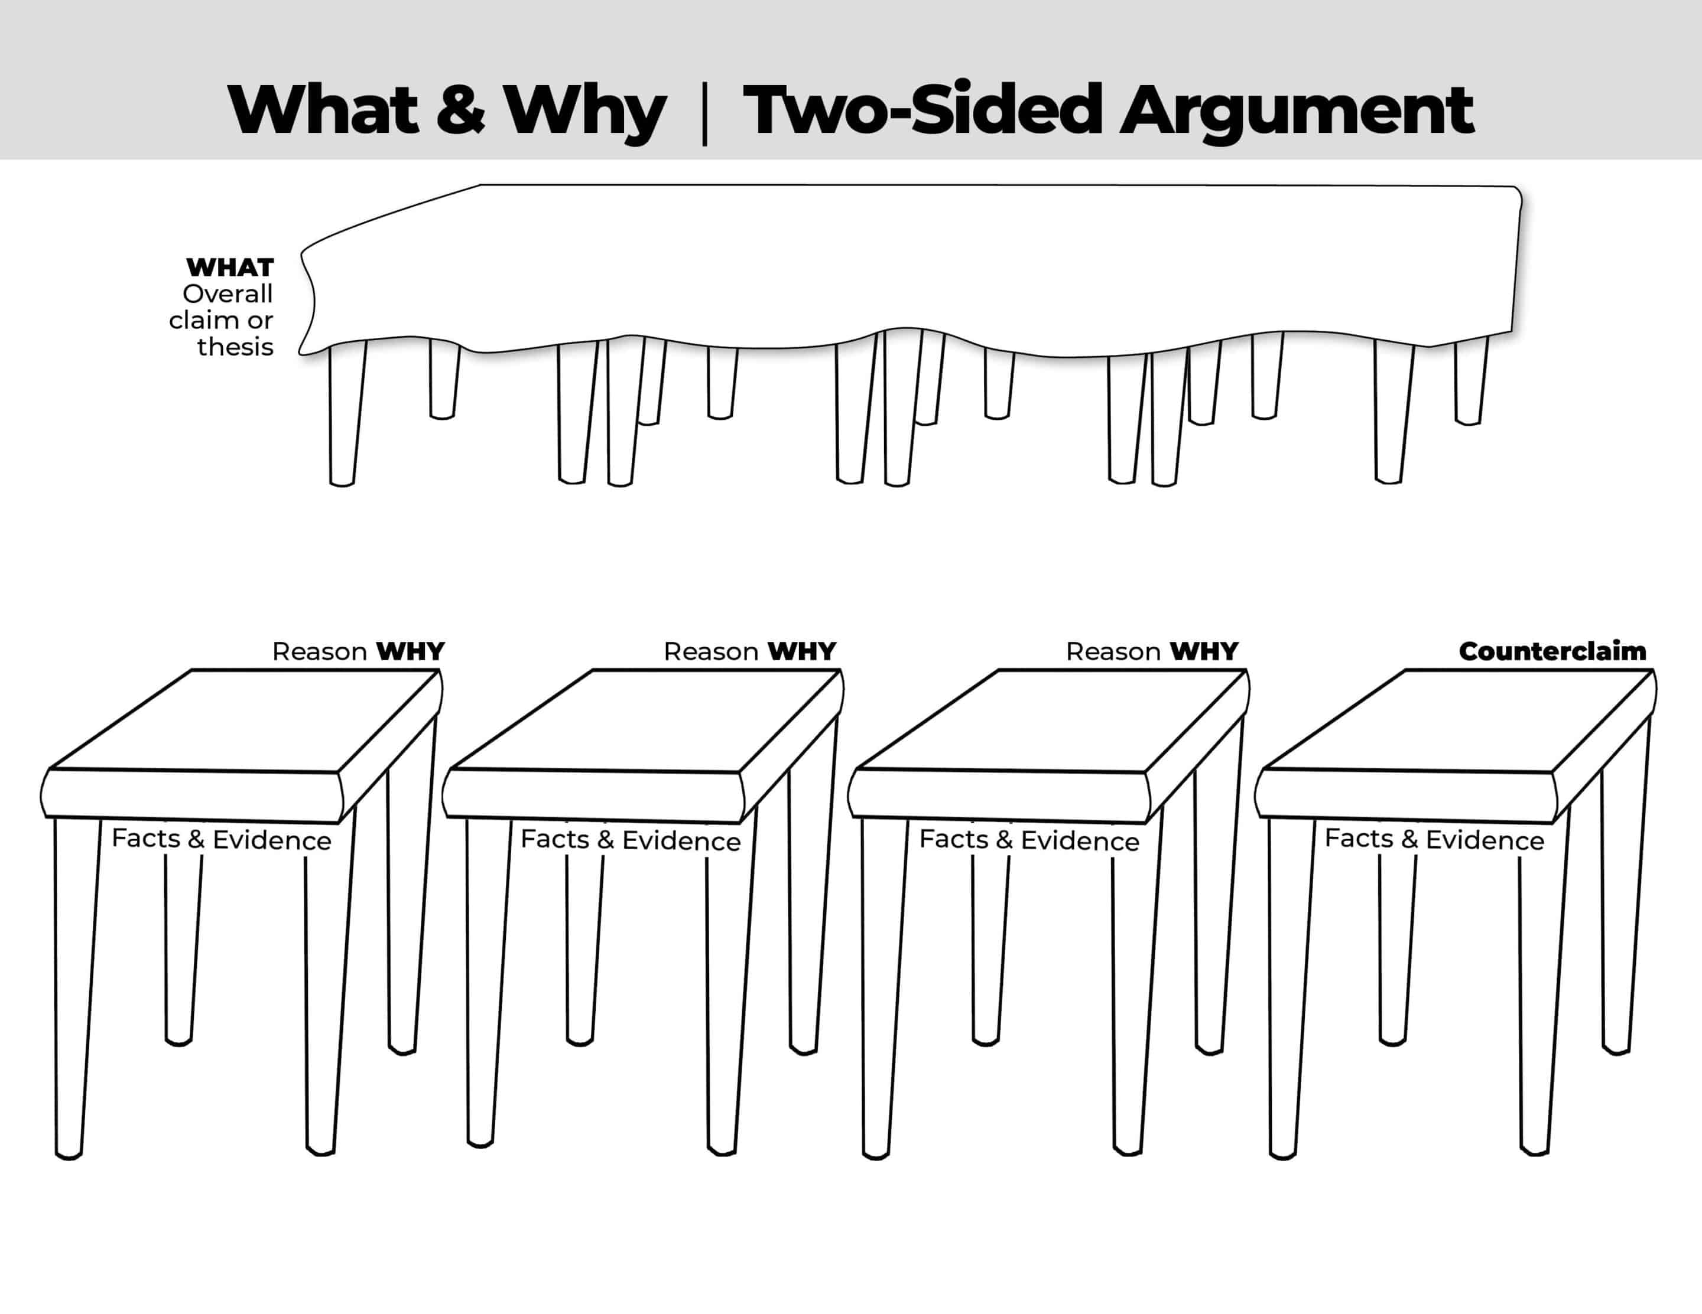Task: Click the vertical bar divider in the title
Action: [x=704, y=115]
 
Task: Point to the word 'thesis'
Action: [x=235, y=347]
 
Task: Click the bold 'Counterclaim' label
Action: [x=1552, y=651]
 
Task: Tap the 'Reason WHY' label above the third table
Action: [x=1152, y=651]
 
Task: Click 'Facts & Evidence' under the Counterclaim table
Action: [x=1434, y=839]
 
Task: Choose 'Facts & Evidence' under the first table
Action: [x=222, y=839]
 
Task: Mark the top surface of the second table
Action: [x=645, y=720]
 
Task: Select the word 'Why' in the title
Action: [x=585, y=112]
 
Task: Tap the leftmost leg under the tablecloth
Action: [x=345, y=413]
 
